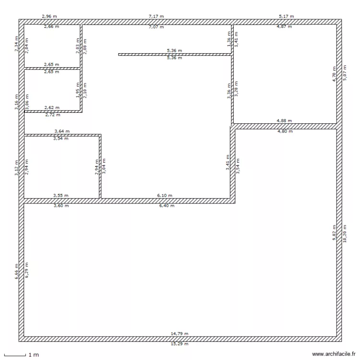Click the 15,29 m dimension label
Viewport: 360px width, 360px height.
pyautogui.click(x=180, y=344)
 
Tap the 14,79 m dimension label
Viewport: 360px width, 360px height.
pyautogui.click(x=180, y=334)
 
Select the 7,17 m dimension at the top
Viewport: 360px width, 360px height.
pyautogui.click(x=156, y=16)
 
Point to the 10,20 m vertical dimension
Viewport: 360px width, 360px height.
pyautogui.click(x=345, y=234)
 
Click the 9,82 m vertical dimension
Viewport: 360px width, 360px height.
pyautogui.click(x=334, y=233)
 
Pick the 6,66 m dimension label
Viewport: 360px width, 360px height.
pyautogui.click(x=16, y=271)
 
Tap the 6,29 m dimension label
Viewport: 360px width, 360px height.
pyautogui.click(x=27, y=270)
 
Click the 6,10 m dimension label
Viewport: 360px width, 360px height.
pyautogui.click(x=165, y=195)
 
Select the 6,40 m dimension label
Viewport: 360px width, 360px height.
pyautogui.click(x=167, y=205)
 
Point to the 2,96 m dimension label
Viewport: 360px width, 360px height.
pyautogui.click(x=49, y=16)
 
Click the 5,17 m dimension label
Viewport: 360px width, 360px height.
pyautogui.click(x=286, y=16)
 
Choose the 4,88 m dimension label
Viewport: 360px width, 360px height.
pyautogui.click(x=284, y=120)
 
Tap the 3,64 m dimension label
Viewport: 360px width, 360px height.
pyautogui.click(x=62, y=131)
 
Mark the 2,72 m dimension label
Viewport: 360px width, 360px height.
pyautogui.click(x=53, y=115)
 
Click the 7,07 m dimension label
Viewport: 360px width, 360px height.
pyautogui.click(x=156, y=27)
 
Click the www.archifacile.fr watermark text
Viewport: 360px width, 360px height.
pyautogui.click(x=334, y=354)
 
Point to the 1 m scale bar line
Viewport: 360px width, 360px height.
pyautogui.click(x=15, y=356)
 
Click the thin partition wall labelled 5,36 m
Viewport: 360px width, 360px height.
pyautogui.click(x=175, y=54)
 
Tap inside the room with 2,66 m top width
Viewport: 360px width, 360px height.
pyautogui.click(x=52, y=46)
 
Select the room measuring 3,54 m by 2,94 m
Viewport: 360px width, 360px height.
pyautogui.click(x=62, y=167)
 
